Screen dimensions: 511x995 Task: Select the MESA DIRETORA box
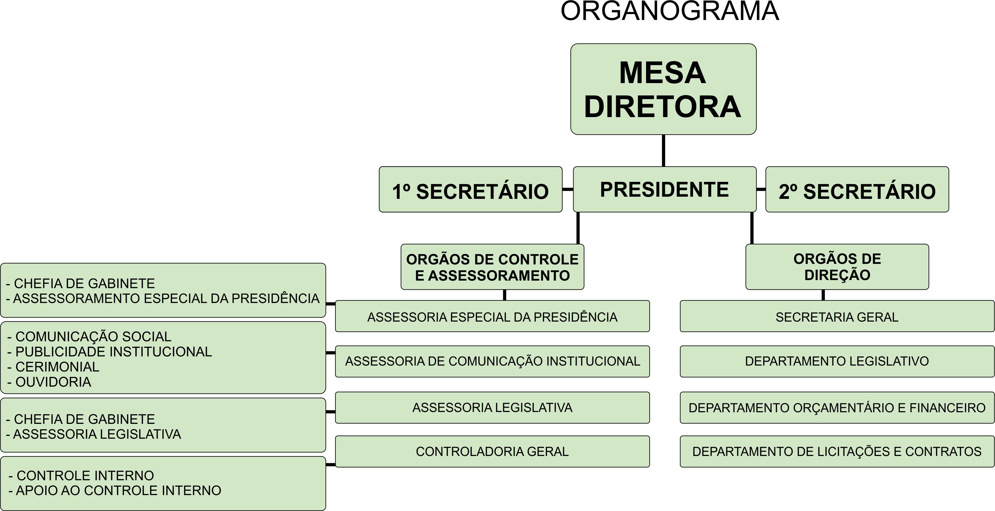663,89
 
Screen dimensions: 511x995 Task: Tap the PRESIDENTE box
664,189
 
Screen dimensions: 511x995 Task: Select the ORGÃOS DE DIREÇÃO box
837,267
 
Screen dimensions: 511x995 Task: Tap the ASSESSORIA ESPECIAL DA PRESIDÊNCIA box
492,317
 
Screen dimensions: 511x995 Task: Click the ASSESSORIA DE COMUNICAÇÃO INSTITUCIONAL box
492,361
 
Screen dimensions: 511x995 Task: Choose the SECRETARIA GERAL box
837,317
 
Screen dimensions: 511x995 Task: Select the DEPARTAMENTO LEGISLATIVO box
837,361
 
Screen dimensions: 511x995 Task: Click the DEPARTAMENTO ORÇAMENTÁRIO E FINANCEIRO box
837,408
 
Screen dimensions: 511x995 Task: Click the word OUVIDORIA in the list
53,382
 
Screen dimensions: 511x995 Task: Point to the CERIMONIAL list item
57,367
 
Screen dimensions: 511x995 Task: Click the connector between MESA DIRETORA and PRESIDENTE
664,151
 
